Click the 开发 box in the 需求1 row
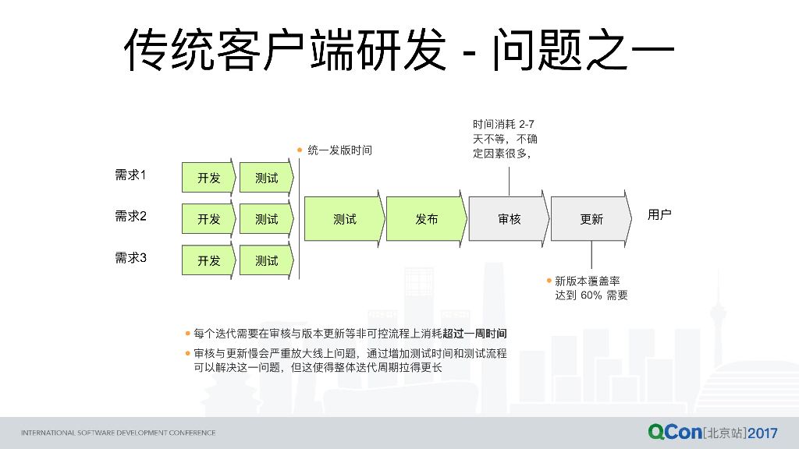(x=209, y=178)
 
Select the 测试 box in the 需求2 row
(x=266, y=219)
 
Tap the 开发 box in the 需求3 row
(x=209, y=260)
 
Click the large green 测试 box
(x=344, y=219)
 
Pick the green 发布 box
(x=426, y=219)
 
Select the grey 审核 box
(x=509, y=219)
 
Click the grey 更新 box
(x=591, y=219)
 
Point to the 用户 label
(x=659, y=214)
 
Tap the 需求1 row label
(x=131, y=175)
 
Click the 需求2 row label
(x=131, y=217)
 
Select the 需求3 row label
(x=131, y=258)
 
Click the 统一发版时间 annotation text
(x=339, y=150)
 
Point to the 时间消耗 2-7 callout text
(x=504, y=125)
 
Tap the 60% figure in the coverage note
(x=591, y=295)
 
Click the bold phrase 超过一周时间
(x=474, y=334)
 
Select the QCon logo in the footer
(x=674, y=432)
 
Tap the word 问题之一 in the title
(x=582, y=51)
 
